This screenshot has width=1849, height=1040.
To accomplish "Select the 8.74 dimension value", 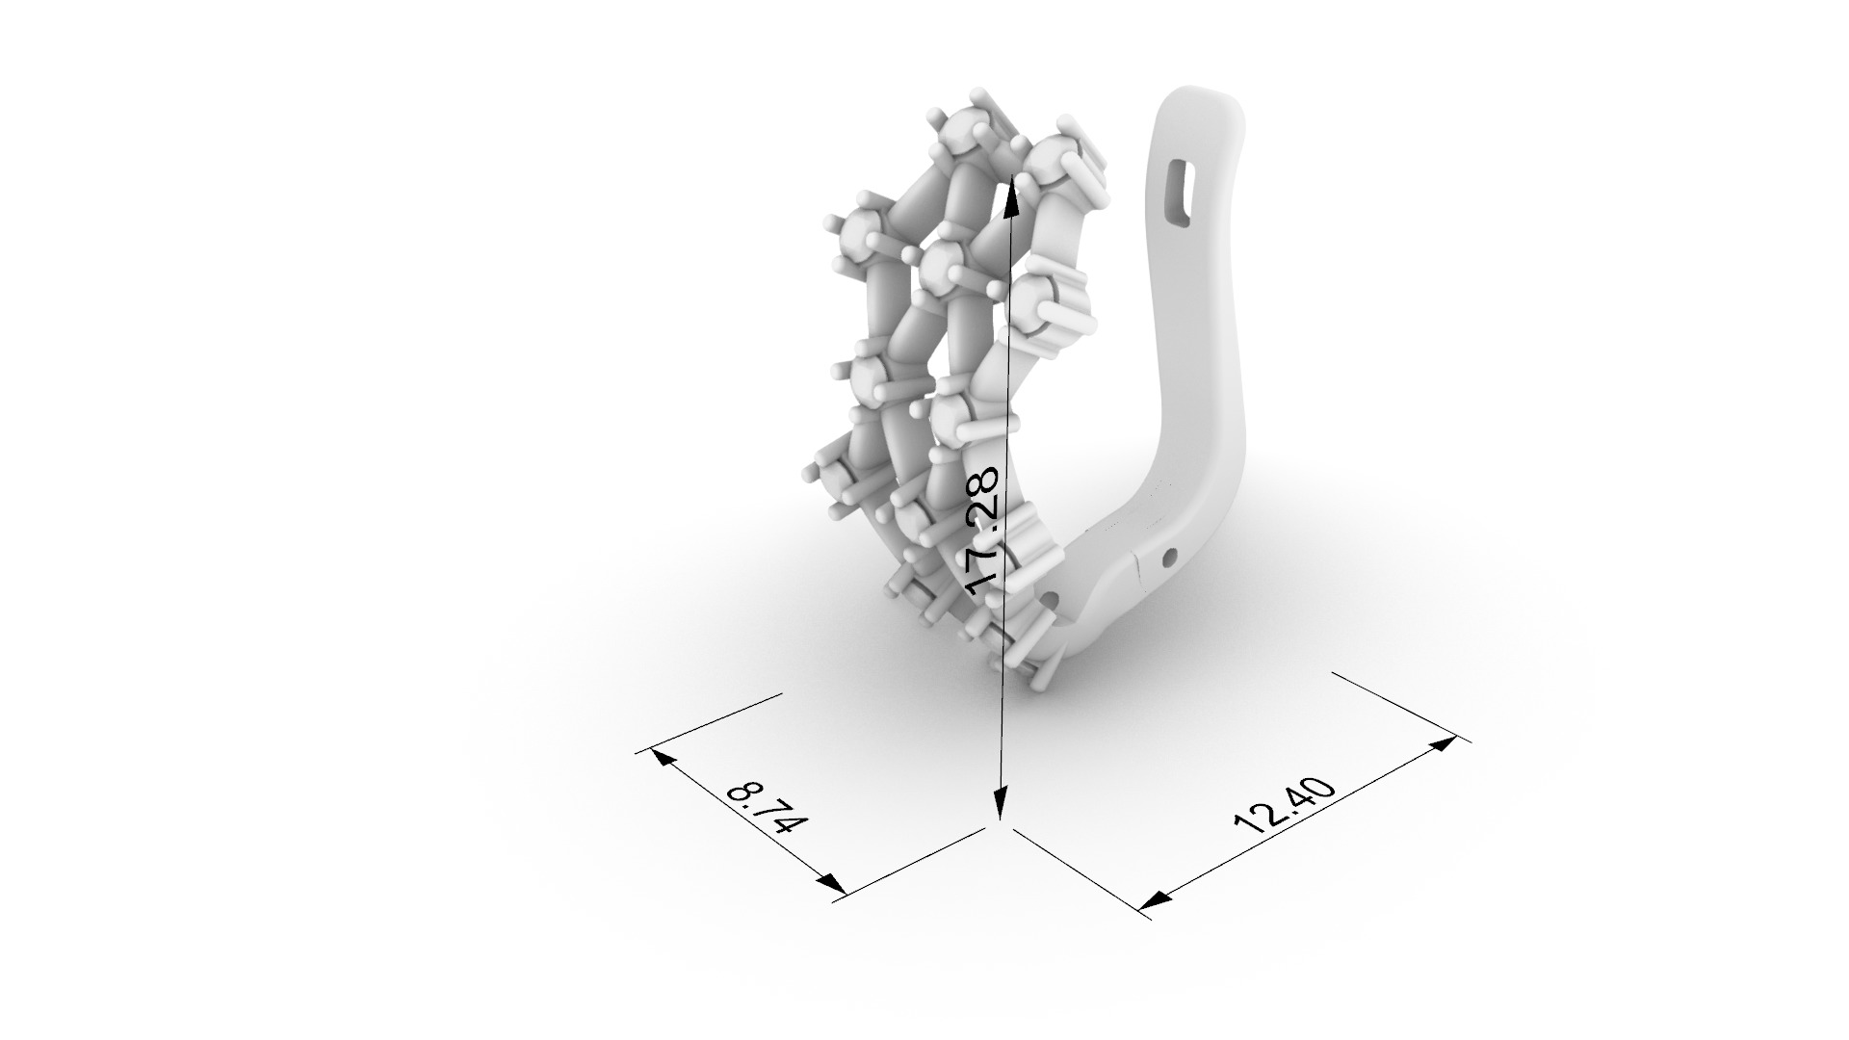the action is [x=767, y=807].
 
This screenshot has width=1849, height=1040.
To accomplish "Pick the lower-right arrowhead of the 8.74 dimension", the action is [x=831, y=881].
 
